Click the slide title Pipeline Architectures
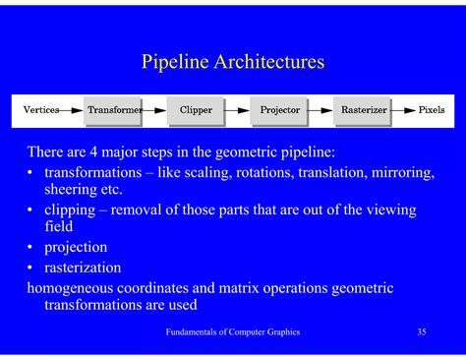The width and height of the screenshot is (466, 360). point(233,63)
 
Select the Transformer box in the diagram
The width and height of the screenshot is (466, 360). point(113,110)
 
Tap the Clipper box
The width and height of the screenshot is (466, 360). point(196,110)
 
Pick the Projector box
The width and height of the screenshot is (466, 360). point(279,110)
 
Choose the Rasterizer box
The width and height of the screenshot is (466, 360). point(363,110)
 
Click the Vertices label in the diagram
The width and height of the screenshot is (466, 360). point(40,110)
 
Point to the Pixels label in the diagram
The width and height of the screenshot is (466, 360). point(432,110)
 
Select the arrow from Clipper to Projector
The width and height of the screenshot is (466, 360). point(237,110)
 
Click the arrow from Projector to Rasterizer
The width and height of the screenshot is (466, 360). point(320,110)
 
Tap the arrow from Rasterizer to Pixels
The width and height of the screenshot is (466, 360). point(404,110)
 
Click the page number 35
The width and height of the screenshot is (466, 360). point(421,332)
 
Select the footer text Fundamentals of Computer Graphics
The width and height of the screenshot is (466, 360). point(232,332)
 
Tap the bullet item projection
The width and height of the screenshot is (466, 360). point(76,247)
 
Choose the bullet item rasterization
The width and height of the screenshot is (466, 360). point(83,267)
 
